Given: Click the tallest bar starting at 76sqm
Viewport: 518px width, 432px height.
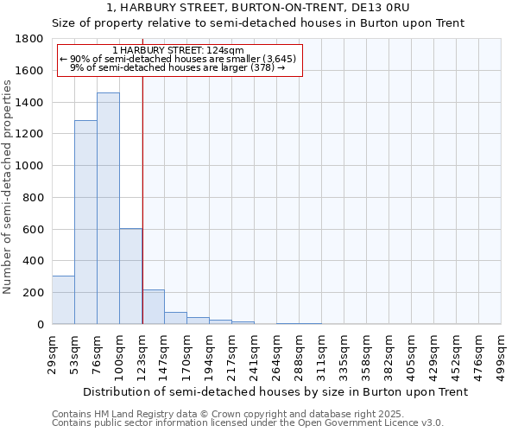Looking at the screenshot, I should pyautogui.click(x=108, y=208).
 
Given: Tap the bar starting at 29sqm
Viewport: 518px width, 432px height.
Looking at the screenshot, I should pyautogui.click(x=63, y=300).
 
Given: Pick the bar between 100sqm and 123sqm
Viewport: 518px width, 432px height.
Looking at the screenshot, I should pyautogui.click(x=130, y=276).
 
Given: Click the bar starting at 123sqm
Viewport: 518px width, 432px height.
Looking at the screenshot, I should pyautogui.click(x=153, y=307).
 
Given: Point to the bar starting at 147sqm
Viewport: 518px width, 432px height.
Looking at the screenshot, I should pyautogui.click(x=175, y=318).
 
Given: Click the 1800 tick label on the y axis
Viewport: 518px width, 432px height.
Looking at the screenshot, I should pyautogui.click(x=30, y=39).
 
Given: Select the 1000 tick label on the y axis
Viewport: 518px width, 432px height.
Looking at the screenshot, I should pyautogui.click(x=30, y=166).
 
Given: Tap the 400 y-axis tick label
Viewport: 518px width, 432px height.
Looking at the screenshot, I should pyautogui.click(x=34, y=261).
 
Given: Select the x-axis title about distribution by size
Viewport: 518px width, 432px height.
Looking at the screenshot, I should pyautogui.click(x=266, y=391).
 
